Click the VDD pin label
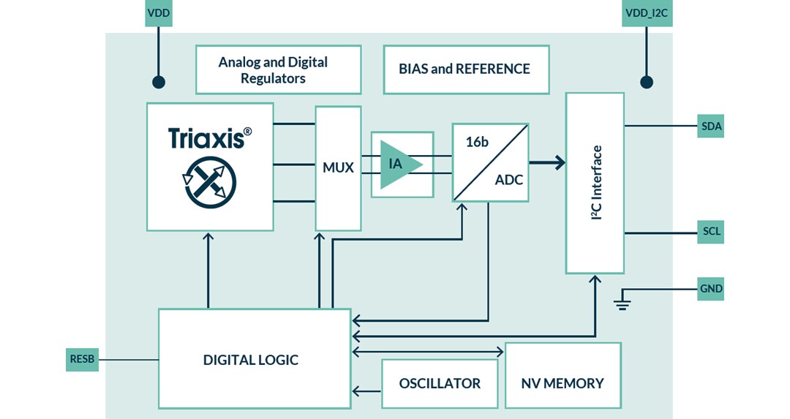coord(158,12)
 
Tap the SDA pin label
coord(711,127)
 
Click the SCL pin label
coord(711,232)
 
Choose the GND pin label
coord(711,289)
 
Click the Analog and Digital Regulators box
coord(278,69)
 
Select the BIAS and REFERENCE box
coord(466,69)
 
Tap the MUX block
coord(338,167)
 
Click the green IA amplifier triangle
coord(399,164)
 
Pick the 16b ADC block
coord(490,162)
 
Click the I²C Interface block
coord(595,183)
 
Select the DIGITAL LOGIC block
coord(254,359)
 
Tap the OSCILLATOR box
coord(440,383)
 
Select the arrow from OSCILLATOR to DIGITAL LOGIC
coord(366,391)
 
